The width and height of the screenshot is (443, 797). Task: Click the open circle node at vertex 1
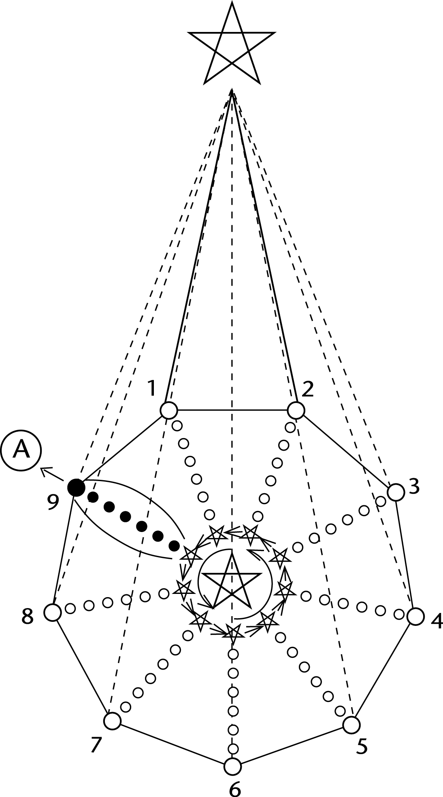[x=169, y=410]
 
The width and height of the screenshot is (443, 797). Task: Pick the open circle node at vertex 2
[x=296, y=410]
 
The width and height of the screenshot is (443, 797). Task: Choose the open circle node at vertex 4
[x=415, y=617]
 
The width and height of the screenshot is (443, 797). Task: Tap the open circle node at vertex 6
[x=232, y=766]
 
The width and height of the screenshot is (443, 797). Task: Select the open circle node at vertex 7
[x=112, y=720]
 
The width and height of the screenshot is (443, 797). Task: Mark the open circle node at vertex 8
[x=52, y=613]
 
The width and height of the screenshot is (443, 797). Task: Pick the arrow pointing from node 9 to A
[x=51, y=474]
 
